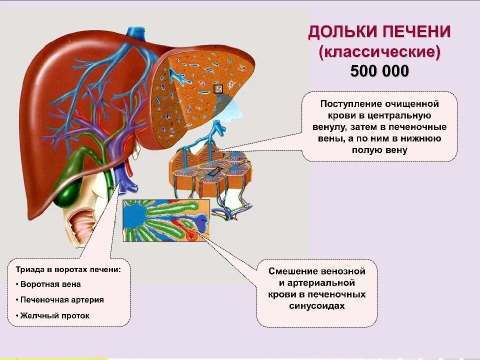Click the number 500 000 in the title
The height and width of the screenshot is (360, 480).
coord(379,71)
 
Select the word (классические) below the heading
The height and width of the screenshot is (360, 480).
coord(379,51)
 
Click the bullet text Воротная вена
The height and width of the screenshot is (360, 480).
coord(51,284)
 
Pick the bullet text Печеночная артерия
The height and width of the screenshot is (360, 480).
coord(62,300)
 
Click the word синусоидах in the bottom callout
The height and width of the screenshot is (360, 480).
coord(317,306)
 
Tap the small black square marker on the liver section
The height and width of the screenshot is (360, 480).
coord(218,89)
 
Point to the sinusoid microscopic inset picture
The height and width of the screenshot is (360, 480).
coord(165,219)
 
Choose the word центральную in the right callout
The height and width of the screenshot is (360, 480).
coord(408,115)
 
